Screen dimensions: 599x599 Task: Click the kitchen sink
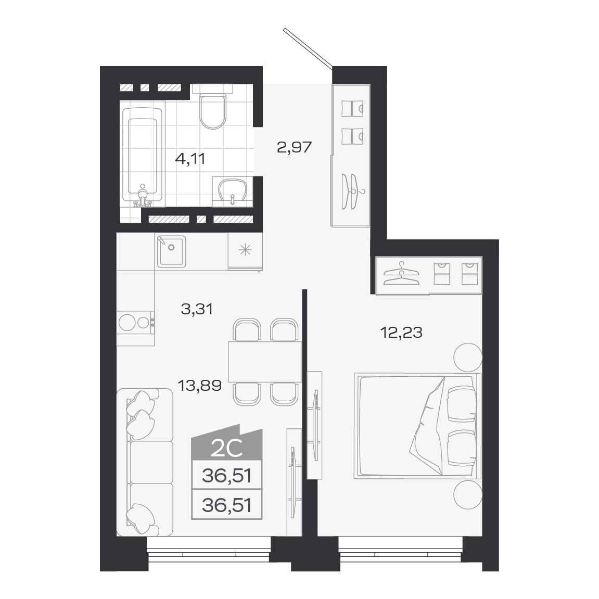[171, 251]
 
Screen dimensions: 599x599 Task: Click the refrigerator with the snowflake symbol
[245, 251]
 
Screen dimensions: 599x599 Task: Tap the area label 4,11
[190, 159]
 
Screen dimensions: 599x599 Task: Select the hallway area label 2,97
[294, 147]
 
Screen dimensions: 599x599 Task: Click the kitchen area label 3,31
[197, 310]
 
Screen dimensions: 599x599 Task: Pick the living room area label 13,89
[199, 386]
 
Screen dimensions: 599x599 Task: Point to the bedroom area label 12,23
[401, 332]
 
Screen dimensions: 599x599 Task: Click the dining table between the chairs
[264, 362]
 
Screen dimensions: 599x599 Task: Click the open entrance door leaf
[308, 47]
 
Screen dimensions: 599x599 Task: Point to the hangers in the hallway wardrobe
[352, 189]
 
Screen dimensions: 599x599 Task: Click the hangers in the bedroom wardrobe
[401, 274]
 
